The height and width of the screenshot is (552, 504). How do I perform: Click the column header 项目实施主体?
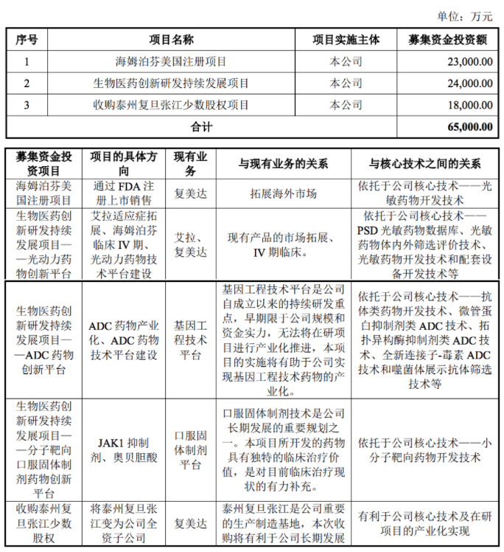[346, 40]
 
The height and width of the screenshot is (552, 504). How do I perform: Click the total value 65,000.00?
[469, 126]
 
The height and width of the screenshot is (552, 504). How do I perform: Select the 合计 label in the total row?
[201, 126]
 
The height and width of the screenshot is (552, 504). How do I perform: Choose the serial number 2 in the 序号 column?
[27, 83]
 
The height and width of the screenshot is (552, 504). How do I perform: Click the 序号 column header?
[27, 40]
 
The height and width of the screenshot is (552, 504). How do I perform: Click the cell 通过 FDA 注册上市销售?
[124, 193]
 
